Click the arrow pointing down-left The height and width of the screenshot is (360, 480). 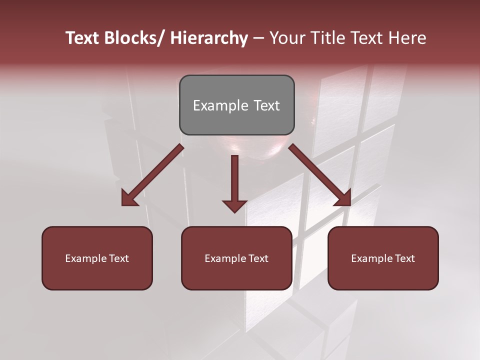pos(152,175)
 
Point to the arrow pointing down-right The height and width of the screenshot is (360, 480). pos(320,175)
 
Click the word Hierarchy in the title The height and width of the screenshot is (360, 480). pos(209,38)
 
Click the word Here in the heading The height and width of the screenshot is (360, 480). pos(407,38)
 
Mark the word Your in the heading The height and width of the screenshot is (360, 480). pos(286,38)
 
